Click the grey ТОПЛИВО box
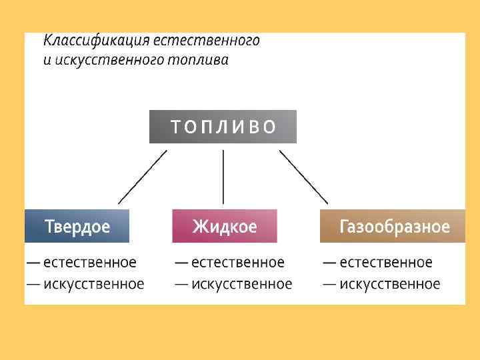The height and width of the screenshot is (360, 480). tap(223, 127)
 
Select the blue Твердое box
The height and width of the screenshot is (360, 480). tap(77, 226)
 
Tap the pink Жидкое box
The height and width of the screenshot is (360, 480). tap(225, 226)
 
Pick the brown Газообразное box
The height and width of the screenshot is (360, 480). tap(393, 226)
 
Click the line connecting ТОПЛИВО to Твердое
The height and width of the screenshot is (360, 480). tap(143, 177)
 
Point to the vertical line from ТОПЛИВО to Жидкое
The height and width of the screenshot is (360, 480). tap(223, 177)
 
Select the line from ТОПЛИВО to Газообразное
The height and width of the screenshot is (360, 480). tap(303, 177)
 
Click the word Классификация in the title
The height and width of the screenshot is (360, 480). tap(97, 41)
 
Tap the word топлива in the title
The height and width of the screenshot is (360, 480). tap(200, 61)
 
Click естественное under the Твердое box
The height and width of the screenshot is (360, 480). tap(90, 263)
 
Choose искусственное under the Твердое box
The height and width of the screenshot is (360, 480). tap(94, 284)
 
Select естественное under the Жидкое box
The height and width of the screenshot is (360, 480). tap(238, 263)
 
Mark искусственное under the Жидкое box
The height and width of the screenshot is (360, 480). tap(242, 284)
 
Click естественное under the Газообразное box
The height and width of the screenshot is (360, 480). tap(386, 263)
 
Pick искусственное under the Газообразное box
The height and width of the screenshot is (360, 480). tap(390, 284)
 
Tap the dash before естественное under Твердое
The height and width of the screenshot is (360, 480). tap(33, 263)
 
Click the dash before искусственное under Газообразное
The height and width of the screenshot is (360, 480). tap(329, 284)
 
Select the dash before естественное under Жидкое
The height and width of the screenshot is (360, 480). tap(181, 263)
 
